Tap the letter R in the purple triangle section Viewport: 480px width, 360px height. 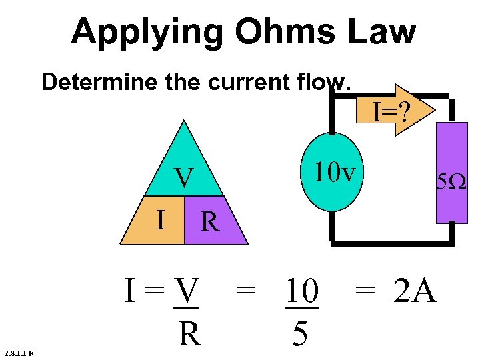209,221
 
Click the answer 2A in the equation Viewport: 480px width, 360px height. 415,291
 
